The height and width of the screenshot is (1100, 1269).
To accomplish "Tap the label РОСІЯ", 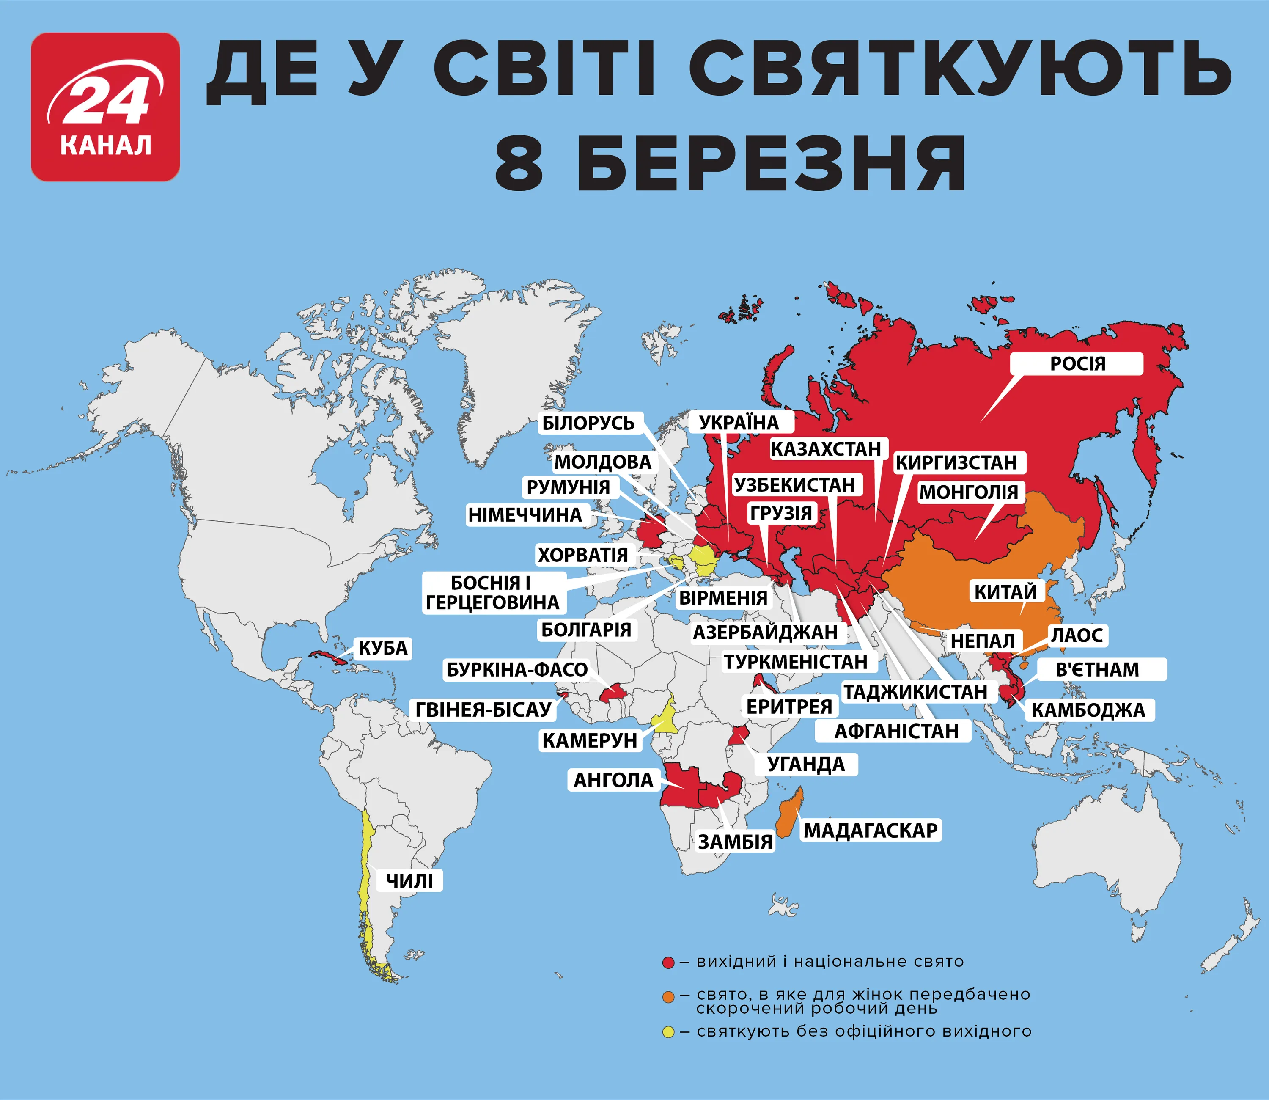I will [x=1077, y=363].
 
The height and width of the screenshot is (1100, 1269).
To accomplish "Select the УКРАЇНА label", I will [x=739, y=422].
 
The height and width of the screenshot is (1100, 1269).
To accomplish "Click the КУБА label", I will [x=383, y=648].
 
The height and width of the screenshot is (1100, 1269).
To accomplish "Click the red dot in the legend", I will [x=668, y=962].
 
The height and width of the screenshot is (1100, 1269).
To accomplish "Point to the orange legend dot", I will [x=668, y=997].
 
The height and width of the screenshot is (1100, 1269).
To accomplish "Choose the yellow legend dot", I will [x=668, y=1032].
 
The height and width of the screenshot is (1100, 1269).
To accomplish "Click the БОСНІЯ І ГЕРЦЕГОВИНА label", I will [x=492, y=592].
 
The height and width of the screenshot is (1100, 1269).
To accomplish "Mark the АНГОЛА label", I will [x=613, y=780].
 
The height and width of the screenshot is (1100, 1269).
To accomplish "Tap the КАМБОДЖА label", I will [x=1088, y=710].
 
